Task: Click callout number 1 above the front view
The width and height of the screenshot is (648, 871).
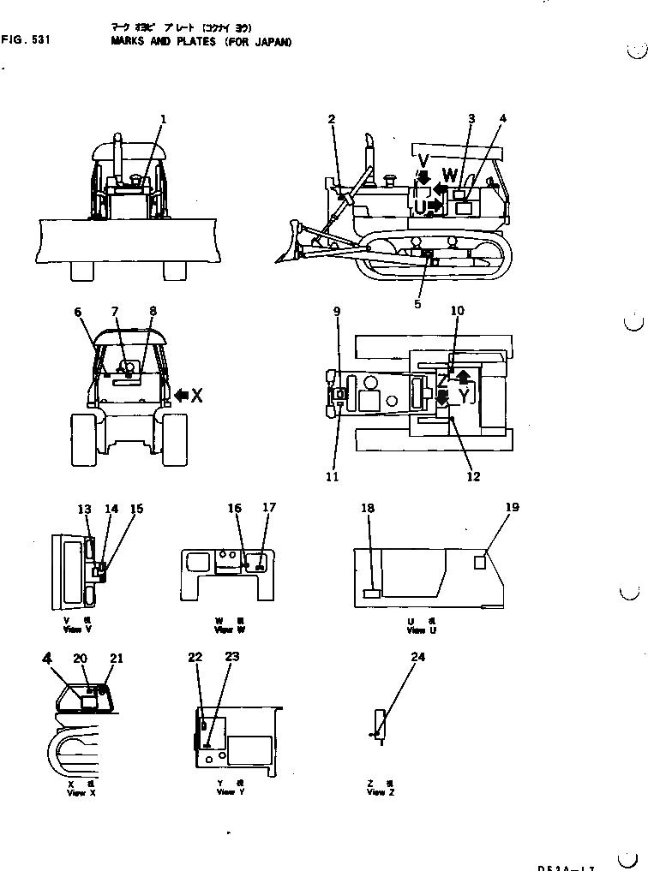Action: pos(163,118)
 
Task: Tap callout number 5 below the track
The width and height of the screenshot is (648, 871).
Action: pos(417,303)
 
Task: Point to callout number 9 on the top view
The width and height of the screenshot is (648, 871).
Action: pos(337,312)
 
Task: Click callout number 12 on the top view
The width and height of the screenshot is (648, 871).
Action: pos(473,477)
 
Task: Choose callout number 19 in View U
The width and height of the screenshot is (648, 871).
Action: pos(512,507)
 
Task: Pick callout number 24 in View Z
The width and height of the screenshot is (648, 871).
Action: pos(417,658)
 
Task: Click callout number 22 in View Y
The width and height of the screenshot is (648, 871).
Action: pos(195,657)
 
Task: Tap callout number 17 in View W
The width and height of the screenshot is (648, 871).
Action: pos(269,507)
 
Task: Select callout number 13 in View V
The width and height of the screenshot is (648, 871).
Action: pos(84,510)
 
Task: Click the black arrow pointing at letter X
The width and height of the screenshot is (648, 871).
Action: pos(183,395)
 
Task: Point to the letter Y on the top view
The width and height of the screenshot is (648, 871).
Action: pos(464,394)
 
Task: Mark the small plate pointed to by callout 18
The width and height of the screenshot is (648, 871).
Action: pos(372,593)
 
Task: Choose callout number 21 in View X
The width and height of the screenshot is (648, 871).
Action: pos(117,658)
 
